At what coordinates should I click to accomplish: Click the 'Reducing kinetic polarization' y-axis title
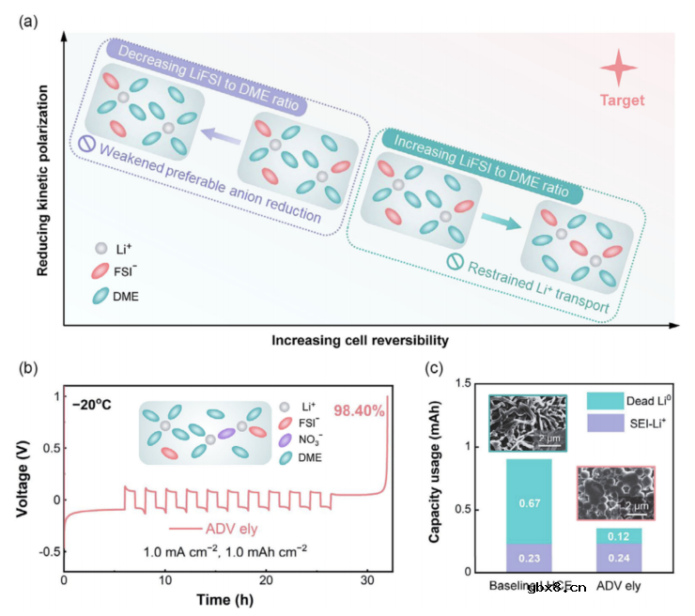43,179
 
